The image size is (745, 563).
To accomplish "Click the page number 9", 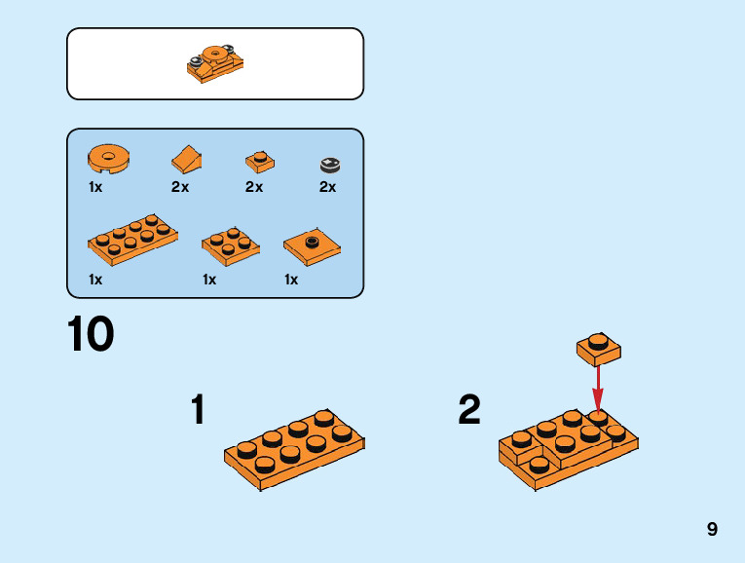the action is click(x=713, y=530).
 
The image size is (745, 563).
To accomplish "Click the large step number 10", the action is click(x=91, y=334).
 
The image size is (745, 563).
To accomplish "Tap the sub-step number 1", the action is click(x=198, y=410).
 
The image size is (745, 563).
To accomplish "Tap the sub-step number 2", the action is click(x=469, y=410).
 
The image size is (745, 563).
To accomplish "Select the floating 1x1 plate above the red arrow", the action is click(x=599, y=347).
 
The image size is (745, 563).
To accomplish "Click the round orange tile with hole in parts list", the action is click(x=109, y=157).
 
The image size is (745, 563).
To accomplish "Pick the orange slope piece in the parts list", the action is click(x=187, y=158).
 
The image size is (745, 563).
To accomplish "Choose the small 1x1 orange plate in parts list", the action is click(x=258, y=160).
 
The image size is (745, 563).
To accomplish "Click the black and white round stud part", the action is click(x=329, y=164).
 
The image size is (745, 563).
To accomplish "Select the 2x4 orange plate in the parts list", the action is click(x=132, y=240).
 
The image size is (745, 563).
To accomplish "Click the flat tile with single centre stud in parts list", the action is click(x=312, y=247).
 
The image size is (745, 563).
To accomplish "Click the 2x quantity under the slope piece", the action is click(x=180, y=187).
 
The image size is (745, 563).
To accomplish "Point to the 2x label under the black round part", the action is click(x=328, y=187).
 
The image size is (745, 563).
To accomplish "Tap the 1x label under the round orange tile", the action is click(x=95, y=187).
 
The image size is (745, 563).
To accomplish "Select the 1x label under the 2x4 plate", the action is click(x=95, y=280).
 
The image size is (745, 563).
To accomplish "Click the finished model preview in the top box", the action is click(x=214, y=63).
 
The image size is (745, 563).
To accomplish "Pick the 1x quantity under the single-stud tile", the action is click(x=291, y=280).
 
